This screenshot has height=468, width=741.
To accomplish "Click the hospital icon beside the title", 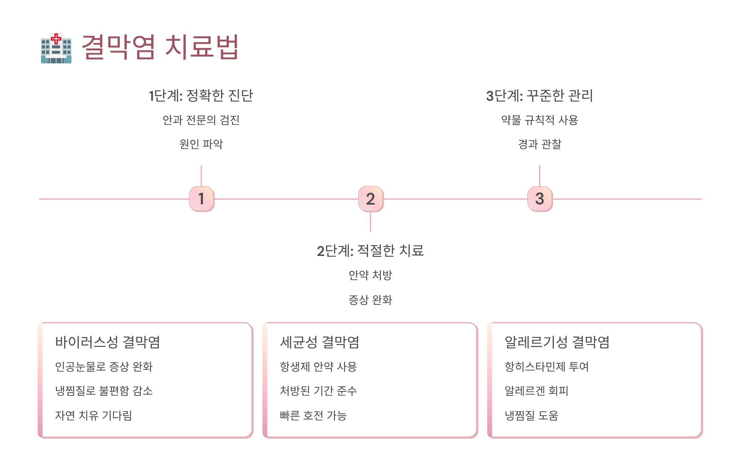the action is point(56,48).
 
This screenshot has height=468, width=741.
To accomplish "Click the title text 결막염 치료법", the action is point(160,47).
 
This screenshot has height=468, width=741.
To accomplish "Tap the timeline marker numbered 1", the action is point(202,199).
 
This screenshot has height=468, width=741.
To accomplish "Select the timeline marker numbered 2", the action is point(371,199).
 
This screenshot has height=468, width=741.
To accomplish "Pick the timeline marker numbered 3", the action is point(540,199).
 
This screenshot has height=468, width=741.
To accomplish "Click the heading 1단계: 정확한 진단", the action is point(201,96).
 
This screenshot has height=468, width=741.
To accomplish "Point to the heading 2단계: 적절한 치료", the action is point(370,251).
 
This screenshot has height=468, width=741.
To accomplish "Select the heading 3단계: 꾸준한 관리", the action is point(539,96).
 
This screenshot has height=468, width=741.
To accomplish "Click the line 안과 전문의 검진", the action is point(201,120).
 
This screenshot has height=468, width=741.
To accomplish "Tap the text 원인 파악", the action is point(201,144).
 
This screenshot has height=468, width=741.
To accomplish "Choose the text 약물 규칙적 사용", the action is point(539,120).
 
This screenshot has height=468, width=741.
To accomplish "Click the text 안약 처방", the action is point(370,275).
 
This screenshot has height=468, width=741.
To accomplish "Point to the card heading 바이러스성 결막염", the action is point(107,342).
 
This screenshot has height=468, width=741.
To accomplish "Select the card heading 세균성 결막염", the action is point(320,342).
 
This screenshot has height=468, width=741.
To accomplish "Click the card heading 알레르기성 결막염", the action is point(557,342).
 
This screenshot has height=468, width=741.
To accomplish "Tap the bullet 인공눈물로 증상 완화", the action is point(104,367).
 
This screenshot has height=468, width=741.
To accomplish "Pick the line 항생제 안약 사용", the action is point(318,367).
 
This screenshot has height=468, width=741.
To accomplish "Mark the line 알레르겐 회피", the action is point(536,391).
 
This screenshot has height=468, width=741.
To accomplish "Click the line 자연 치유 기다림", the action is point(94,415).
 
